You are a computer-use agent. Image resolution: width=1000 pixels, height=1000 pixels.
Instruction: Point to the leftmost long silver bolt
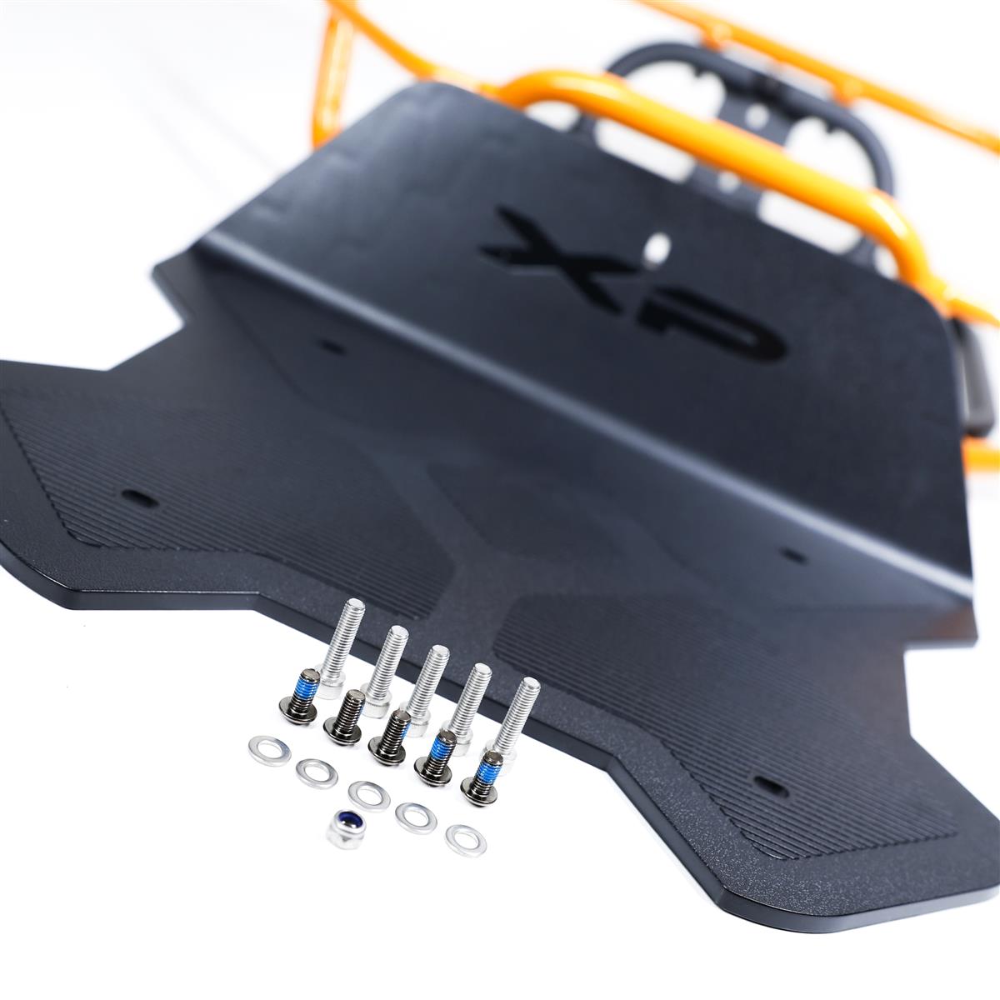pos(337,648)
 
